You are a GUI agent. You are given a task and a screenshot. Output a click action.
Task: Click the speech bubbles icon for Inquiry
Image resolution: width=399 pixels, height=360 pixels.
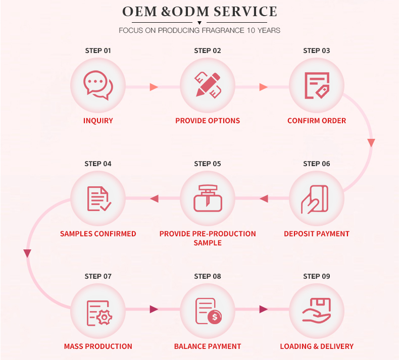click(x=98, y=85)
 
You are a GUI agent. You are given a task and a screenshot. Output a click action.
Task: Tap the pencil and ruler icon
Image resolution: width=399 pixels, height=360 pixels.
click(x=208, y=85)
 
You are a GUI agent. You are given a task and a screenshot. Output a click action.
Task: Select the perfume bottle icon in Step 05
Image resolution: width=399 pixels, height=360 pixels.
click(x=208, y=198)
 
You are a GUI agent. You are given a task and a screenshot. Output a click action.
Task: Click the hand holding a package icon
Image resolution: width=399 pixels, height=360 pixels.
click(x=317, y=310)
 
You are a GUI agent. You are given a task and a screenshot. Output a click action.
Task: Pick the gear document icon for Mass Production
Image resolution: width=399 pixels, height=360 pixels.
click(x=98, y=312)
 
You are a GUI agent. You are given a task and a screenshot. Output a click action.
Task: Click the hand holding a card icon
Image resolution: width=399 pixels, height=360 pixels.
click(x=316, y=199)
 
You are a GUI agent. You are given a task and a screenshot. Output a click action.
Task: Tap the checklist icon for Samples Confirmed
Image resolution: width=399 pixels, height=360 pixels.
click(x=98, y=198)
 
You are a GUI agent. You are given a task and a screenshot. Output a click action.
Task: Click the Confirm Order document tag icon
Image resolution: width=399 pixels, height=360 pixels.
click(x=317, y=85)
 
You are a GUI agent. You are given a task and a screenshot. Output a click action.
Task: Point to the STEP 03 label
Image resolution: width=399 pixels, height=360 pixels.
click(x=317, y=50)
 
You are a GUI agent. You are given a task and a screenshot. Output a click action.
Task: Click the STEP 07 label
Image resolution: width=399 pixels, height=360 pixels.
click(x=98, y=276)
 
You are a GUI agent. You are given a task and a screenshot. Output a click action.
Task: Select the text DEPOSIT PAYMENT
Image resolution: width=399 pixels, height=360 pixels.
click(x=317, y=234)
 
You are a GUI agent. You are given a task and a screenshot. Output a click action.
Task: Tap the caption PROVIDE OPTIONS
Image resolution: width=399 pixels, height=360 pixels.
click(x=208, y=121)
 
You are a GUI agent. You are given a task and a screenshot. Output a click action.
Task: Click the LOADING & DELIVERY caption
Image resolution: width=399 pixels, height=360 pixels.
click(x=317, y=346)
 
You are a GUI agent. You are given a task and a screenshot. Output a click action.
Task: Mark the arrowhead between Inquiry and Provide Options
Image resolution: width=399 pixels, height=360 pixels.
click(x=154, y=87)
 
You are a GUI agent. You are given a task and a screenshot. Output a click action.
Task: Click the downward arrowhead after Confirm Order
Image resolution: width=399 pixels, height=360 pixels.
click(x=371, y=143)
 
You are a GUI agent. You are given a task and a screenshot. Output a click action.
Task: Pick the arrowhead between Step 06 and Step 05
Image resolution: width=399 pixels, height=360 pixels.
click(x=263, y=199)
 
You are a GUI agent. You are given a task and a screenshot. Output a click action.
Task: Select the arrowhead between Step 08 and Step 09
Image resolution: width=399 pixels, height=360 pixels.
click(x=263, y=309)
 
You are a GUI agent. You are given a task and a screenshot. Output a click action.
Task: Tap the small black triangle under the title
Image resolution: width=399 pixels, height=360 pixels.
click(x=199, y=23)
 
